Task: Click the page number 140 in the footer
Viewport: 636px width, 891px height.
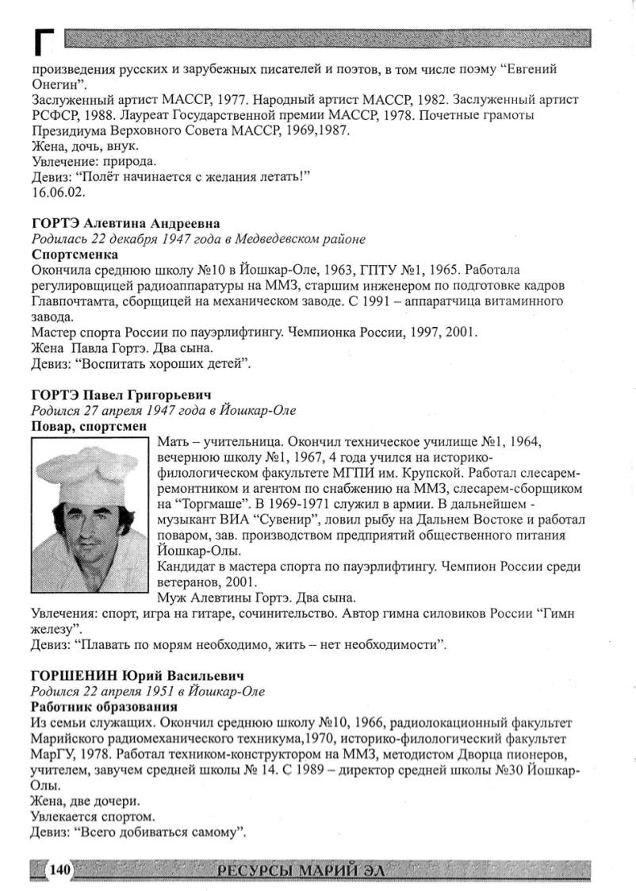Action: [x=60, y=870]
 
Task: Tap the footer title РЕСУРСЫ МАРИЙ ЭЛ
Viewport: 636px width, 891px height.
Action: [x=305, y=870]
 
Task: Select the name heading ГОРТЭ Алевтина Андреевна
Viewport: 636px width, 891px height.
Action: [x=125, y=224]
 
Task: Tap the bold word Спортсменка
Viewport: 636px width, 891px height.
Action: [x=75, y=255]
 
